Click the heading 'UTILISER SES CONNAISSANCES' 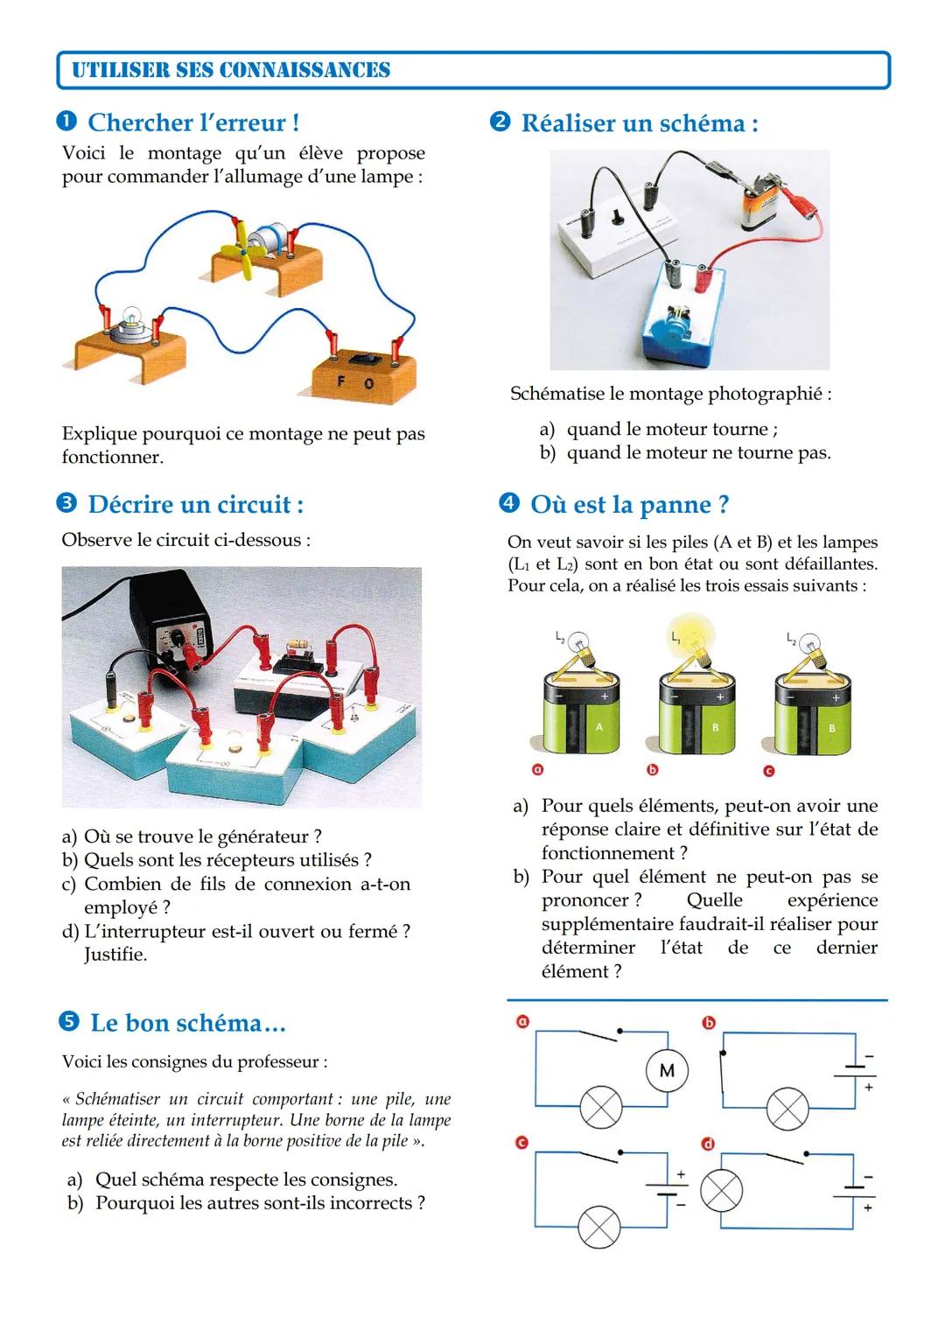(x=231, y=70)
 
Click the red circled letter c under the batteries (x=769, y=771)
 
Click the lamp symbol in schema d (x=720, y=1191)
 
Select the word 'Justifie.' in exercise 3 (x=115, y=955)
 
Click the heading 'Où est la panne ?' (x=629, y=505)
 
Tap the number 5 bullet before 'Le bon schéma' (x=68, y=1023)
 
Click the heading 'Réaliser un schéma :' (x=640, y=123)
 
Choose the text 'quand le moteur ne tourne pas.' (x=698, y=453)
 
